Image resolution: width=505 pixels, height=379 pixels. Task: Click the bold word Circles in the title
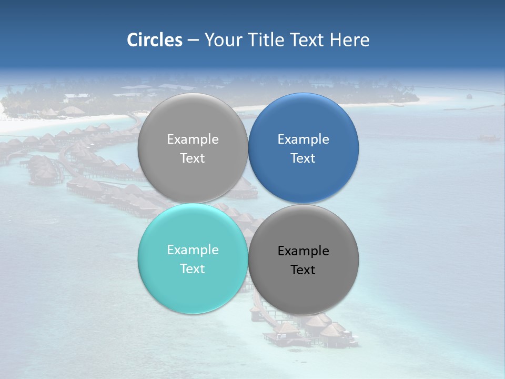pos(155,40)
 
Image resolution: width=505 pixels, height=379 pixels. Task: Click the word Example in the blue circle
pos(304,139)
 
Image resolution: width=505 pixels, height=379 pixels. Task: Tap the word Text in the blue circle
pos(304,158)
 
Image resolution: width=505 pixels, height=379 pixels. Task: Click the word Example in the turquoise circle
pos(193,250)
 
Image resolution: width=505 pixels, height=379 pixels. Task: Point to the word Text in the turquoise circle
pos(193,269)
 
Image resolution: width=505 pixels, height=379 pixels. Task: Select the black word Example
pos(304,251)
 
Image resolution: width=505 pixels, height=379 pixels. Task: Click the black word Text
pos(304,270)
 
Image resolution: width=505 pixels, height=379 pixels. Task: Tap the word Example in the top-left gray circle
pos(193,139)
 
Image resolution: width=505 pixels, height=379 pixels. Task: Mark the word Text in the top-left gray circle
pos(193,158)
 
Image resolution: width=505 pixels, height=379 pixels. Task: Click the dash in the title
pos(193,41)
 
